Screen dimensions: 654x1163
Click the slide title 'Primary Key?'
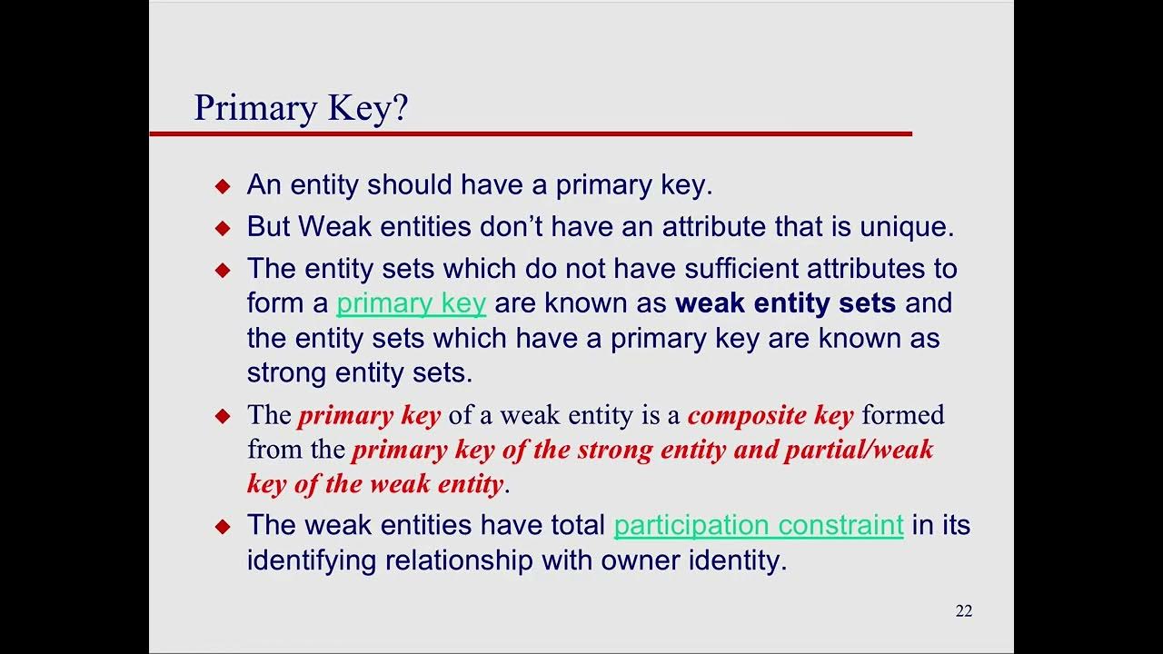[x=301, y=108]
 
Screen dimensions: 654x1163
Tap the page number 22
[x=964, y=611]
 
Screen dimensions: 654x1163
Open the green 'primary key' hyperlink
[x=411, y=303]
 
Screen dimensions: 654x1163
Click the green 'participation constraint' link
[x=759, y=525]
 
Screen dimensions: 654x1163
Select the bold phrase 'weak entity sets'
[x=786, y=303]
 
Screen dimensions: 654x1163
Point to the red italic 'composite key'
[x=770, y=416]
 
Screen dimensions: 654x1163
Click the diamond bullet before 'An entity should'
[x=224, y=186]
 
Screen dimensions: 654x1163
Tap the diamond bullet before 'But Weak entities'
[x=224, y=228]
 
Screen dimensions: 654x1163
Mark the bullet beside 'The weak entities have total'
[x=224, y=527]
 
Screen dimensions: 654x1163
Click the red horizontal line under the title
[x=531, y=134]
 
